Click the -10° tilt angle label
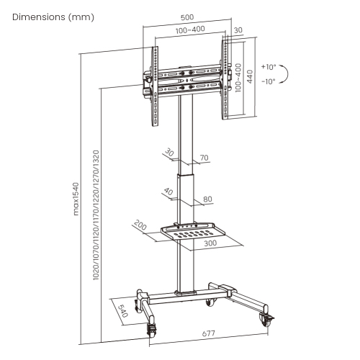coord(269,81)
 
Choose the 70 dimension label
coord(204,158)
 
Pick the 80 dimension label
coord(207,199)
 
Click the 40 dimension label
coord(168,193)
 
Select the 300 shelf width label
coord(209,244)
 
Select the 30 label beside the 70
coord(169,153)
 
